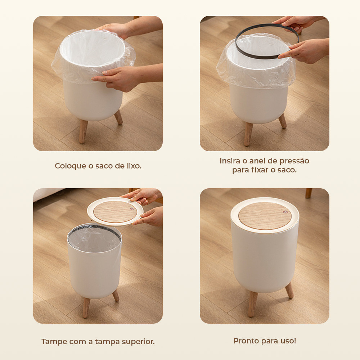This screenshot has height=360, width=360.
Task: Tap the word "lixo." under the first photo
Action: pyautogui.click(x=134, y=166)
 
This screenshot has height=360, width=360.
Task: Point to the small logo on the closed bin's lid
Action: pyautogui.click(x=285, y=212)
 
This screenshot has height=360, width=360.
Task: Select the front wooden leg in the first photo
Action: pyautogui.click(x=83, y=131)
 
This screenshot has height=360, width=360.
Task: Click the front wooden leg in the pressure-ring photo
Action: pyautogui.click(x=248, y=134)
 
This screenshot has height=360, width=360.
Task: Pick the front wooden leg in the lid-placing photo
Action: pyautogui.click(x=86, y=307)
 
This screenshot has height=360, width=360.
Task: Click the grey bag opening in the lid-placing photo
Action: pyautogui.click(x=94, y=239)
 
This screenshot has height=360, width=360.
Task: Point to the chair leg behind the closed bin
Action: pyautogui.click(x=309, y=193)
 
